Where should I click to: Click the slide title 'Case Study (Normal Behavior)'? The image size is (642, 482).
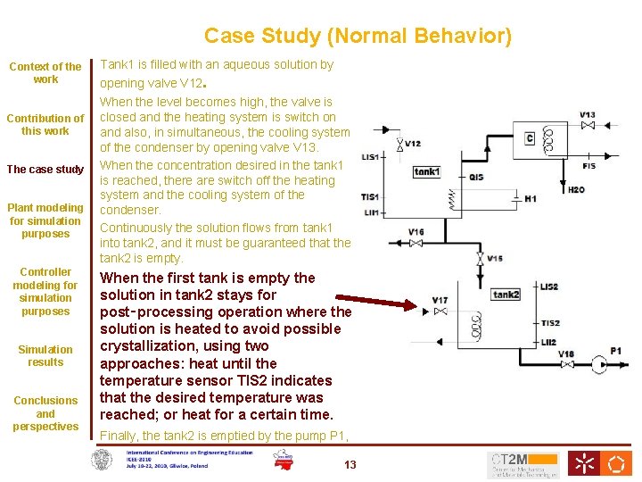point(358,36)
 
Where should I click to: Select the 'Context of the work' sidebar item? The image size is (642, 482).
point(45,72)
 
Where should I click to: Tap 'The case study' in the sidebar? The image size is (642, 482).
point(45,170)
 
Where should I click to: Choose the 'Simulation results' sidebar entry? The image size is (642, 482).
point(45,355)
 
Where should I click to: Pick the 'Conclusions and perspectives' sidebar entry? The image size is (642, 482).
point(45,413)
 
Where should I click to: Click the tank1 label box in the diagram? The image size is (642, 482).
point(427,171)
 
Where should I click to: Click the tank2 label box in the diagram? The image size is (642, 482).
point(506,295)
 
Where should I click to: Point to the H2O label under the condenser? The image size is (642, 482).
point(576,189)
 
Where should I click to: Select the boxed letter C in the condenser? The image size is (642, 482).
point(530,137)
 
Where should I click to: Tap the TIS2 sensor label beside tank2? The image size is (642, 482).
point(550,323)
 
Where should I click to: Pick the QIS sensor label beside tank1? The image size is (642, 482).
point(476,177)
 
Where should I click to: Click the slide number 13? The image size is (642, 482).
point(350,464)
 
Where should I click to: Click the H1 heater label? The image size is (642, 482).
point(531,198)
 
